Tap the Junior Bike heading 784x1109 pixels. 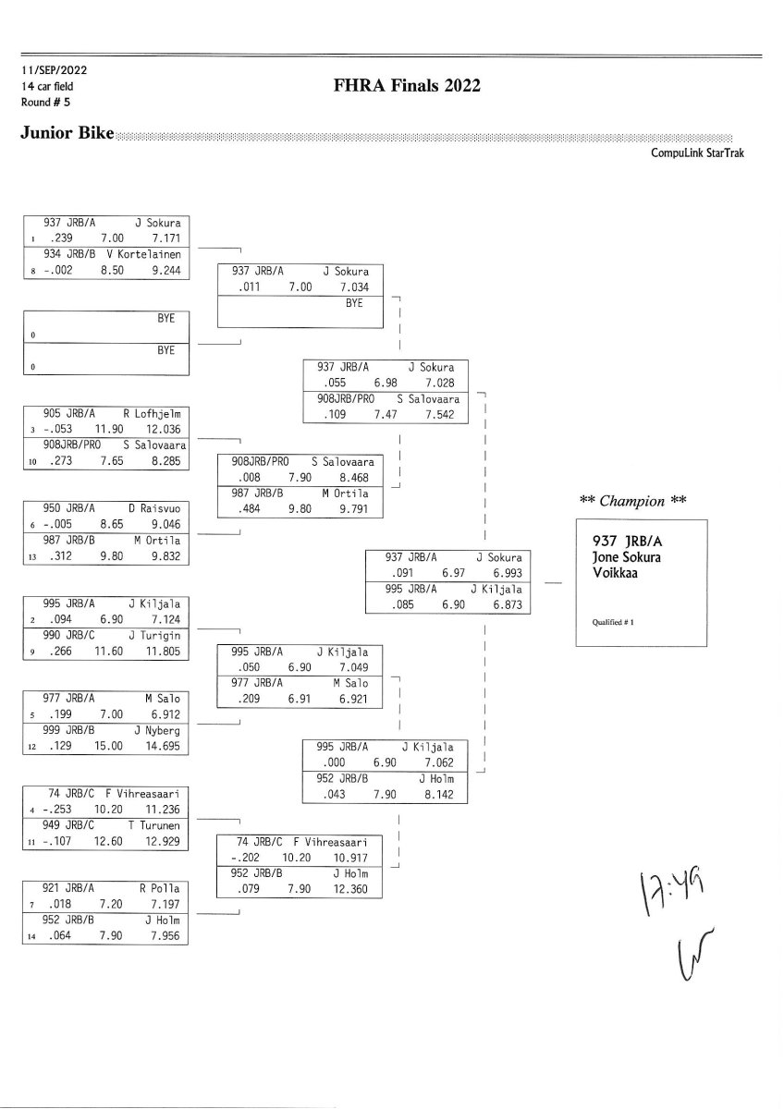tap(67, 134)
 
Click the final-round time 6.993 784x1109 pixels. tap(505, 573)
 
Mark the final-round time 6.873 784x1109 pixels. tap(505, 604)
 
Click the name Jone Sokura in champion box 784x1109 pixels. tap(626, 557)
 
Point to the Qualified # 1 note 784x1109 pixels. tap(612, 622)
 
